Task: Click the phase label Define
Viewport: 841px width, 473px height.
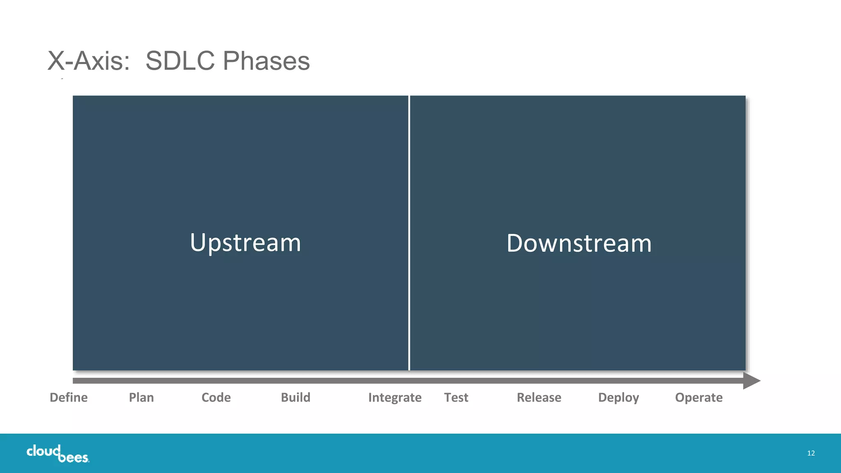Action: point(69,397)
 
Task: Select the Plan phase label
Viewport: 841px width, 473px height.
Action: point(141,397)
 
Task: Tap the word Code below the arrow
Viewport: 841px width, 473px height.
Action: point(216,397)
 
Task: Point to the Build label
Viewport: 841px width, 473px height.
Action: point(295,397)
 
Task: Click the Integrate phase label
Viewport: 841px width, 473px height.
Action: point(395,397)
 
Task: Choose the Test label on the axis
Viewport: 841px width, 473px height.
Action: point(456,397)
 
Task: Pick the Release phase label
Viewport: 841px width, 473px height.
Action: point(539,397)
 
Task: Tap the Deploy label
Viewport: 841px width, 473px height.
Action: point(618,397)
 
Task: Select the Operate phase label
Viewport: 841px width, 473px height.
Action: point(699,397)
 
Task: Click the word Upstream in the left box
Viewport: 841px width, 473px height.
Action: point(246,243)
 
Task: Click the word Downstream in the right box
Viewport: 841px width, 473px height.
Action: point(579,243)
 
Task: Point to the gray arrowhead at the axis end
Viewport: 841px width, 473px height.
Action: point(752,381)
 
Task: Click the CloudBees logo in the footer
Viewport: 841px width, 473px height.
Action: point(57,454)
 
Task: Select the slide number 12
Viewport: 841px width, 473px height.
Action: point(811,453)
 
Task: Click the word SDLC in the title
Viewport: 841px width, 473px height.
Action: point(180,61)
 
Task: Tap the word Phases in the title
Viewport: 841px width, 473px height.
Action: point(266,61)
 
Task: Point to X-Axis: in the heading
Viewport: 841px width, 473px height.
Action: point(89,61)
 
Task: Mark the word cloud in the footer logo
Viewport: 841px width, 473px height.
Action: point(43,451)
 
